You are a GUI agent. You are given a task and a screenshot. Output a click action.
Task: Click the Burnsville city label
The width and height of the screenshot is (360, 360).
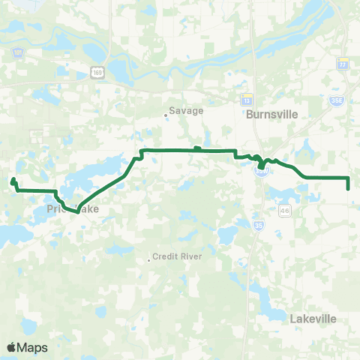(272, 115)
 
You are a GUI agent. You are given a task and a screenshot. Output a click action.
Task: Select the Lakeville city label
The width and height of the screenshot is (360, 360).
(313, 319)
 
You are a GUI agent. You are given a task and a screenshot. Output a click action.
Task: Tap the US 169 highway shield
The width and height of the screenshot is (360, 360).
(97, 71)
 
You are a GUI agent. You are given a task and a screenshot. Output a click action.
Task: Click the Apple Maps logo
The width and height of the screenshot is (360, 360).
(27, 347)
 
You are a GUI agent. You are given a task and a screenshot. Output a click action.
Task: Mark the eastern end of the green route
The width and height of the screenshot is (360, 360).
(349, 188)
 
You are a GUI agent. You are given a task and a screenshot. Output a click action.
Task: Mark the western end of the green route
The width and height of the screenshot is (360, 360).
(11, 181)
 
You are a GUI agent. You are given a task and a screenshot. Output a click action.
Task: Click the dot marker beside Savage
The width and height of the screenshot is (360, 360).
(166, 115)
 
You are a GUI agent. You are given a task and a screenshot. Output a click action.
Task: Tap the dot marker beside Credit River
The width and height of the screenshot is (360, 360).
(149, 260)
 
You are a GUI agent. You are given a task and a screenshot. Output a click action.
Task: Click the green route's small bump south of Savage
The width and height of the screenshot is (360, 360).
(196, 148)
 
